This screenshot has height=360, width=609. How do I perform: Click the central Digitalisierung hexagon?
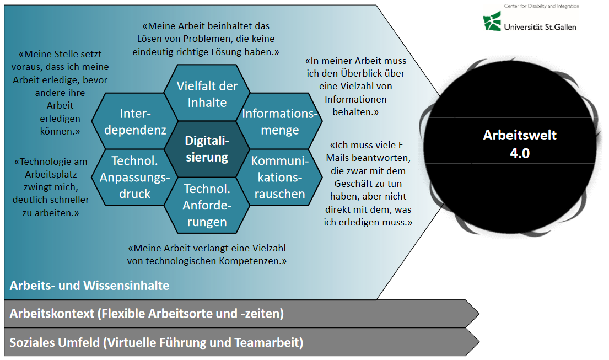(x=207, y=149)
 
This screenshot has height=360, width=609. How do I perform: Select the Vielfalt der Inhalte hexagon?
(x=207, y=94)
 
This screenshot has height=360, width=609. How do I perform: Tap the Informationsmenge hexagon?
(x=279, y=122)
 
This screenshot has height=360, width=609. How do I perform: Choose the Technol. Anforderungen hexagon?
(x=207, y=205)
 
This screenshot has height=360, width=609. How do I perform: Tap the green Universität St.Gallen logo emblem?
(x=492, y=22)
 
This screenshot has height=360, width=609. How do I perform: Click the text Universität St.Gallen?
(x=540, y=26)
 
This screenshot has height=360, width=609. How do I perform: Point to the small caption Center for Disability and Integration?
(x=541, y=6)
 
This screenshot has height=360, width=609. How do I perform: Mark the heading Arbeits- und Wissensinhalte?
(x=89, y=286)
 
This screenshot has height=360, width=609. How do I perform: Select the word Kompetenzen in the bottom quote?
(x=250, y=260)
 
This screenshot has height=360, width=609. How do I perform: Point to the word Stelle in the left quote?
(x=66, y=55)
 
